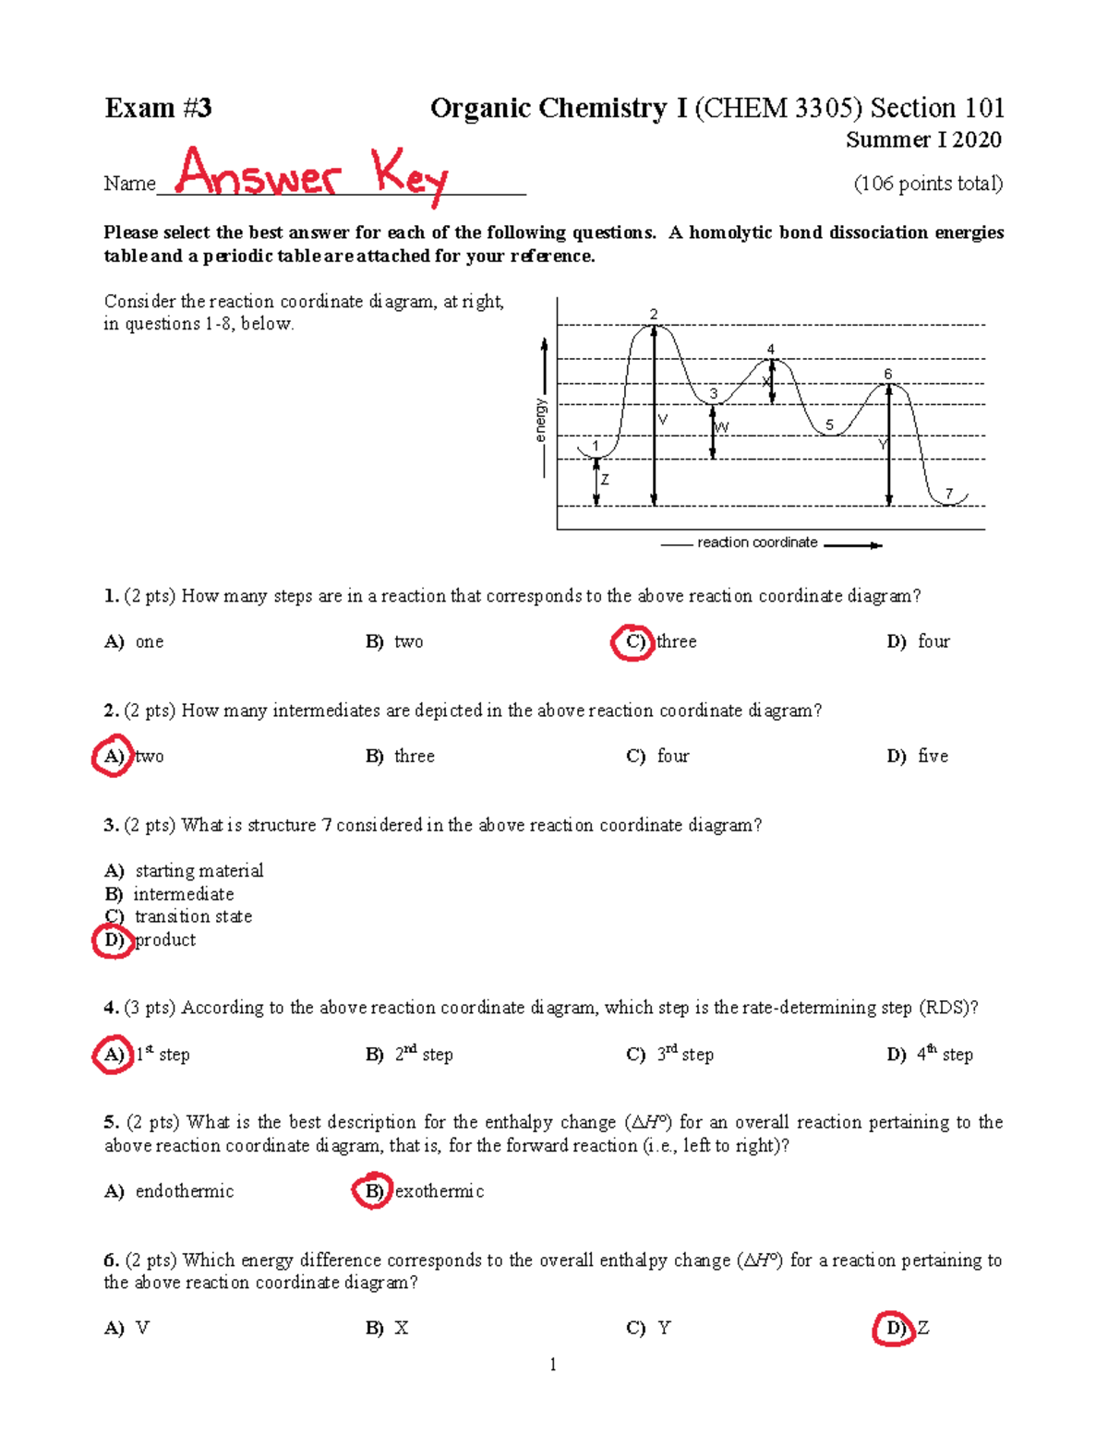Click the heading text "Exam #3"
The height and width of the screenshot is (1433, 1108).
click(158, 108)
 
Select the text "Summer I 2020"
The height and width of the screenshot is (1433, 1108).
click(923, 140)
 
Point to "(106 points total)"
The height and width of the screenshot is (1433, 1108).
click(927, 184)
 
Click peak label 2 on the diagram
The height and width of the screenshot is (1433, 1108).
click(654, 315)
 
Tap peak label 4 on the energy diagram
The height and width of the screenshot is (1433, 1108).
click(771, 350)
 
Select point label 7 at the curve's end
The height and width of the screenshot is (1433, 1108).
click(948, 495)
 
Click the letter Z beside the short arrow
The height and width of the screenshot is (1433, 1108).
click(605, 481)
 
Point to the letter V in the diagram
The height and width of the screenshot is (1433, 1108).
click(662, 420)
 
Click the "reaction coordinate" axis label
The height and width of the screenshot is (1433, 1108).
click(757, 543)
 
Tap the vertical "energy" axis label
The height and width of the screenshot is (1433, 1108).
click(541, 420)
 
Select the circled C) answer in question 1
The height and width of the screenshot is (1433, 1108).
click(634, 642)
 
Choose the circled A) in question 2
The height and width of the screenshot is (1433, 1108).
click(113, 757)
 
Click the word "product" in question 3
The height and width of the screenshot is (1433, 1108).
click(165, 940)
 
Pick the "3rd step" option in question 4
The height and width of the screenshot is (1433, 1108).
click(684, 1055)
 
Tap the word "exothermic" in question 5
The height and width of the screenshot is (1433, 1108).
click(439, 1191)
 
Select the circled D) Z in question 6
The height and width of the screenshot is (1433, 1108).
click(894, 1329)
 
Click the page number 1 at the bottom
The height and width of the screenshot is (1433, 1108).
click(552, 1365)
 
